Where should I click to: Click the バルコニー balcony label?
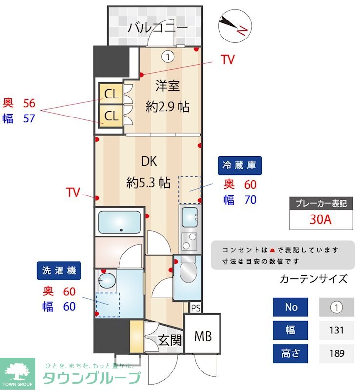(158, 28)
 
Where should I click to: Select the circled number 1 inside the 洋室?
(168, 57)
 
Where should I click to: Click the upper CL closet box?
(111, 94)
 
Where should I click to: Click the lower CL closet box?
(111, 116)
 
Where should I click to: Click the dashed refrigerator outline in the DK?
(190, 189)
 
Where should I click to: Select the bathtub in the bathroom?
(120, 222)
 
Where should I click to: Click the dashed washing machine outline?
(108, 305)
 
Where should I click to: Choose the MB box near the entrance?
(202, 336)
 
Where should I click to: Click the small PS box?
(195, 308)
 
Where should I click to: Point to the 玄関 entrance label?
(170, 340)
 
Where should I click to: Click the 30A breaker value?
(320, 219)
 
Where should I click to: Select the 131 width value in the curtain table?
(336, 330)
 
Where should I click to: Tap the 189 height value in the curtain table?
(336, 353)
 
